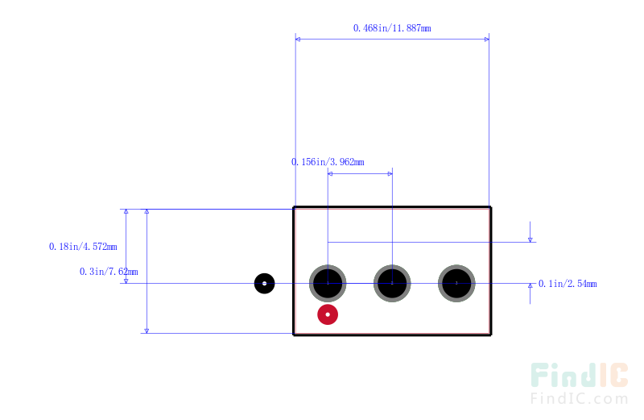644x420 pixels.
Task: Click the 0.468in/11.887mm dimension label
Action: pyautogui.click(x=392, y=28)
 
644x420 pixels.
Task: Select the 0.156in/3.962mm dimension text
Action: pyautogui.click(x=328, y=162)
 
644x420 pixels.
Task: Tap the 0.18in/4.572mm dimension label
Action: pyautogui.click(x=83, y=247)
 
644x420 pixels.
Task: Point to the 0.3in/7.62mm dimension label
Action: pyautogui.click(x=109, y=272)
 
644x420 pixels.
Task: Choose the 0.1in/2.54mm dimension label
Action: pyautogui.click(x=568, y=284)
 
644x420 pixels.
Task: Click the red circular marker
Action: pyautogui.click(x=328, y=314)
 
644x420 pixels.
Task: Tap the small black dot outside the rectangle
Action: pyautogui.click(x=265, y=284)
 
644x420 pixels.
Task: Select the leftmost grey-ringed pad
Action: pyautogui.click(x=328, y=284)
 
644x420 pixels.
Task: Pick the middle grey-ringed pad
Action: pyautogui.click(x=392, y=284)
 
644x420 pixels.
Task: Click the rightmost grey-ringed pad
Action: pyautogui.click(x=456, y=284)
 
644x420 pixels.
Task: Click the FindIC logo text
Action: pyautogui.click(x=579, y=375)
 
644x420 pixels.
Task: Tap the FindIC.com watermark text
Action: pyautogui.click(x=579, y=398)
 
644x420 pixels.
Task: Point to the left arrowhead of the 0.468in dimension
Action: pyautogui.click(x=298, y=40)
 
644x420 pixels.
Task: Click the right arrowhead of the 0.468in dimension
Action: pyautogui.click(x=487, y=40)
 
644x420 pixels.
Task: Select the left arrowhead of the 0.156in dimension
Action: pyautogui.click(x=330, y=173)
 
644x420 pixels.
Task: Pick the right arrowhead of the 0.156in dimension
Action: pyautogui.click(x=390, y=173)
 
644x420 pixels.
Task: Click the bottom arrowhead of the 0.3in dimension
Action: pyautogui.click(x=147, y=331)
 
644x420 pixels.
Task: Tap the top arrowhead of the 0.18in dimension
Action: pyautogui.click(x=126, y=211)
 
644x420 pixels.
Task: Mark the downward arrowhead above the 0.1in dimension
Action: pyautogui.click(x=530, y=239)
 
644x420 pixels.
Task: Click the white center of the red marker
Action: pyautogui.click(x=328, y=314)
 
